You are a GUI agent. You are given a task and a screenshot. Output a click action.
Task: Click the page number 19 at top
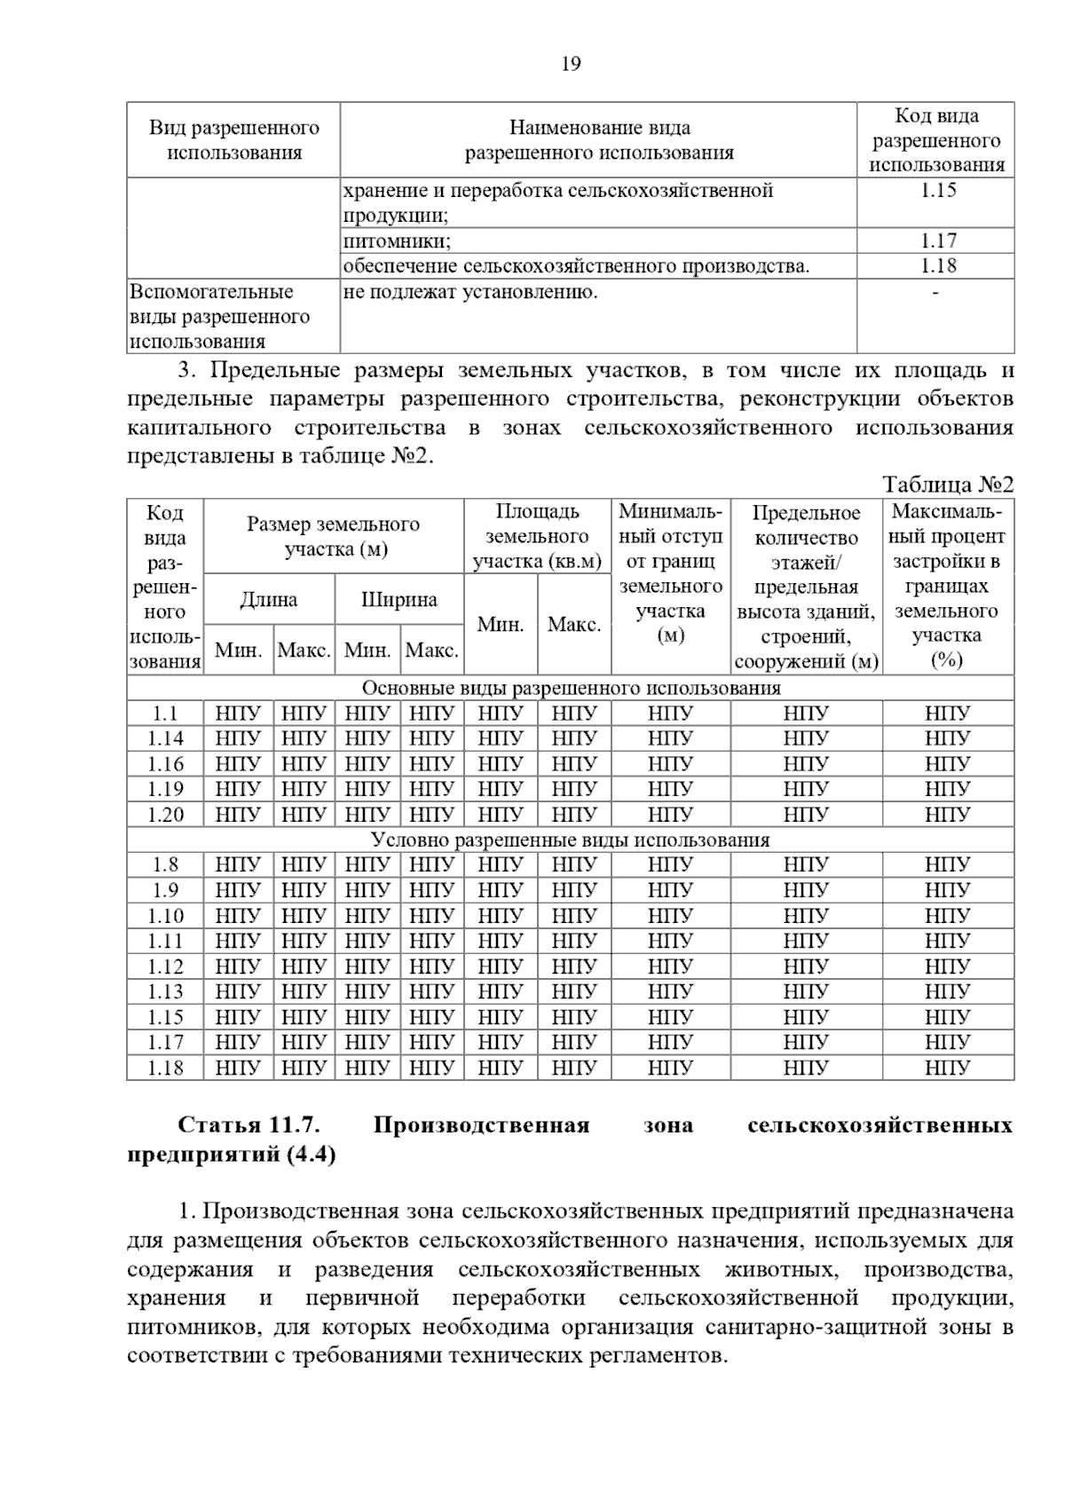point(571,64)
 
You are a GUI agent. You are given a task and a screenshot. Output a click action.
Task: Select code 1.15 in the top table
point(937,190)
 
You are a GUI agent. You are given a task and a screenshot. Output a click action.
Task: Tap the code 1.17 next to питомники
point(937,241)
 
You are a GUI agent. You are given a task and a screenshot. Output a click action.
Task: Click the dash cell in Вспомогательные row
point(936,292)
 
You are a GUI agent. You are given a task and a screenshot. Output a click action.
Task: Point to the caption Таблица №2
point(947,485)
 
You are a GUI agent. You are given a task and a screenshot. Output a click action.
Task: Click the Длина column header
point(269,600)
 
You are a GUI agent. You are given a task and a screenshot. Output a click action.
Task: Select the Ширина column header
point(399,600)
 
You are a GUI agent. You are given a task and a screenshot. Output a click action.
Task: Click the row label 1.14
point(165,738)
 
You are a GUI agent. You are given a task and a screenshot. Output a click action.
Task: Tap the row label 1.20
point(165,815)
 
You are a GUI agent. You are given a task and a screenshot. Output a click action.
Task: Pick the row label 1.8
point(165,865)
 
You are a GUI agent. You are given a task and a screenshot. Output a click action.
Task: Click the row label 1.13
point(165,992)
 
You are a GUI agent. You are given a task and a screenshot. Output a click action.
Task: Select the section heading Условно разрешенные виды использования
point(570,840)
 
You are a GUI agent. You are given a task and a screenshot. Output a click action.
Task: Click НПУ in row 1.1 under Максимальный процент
point(947,714)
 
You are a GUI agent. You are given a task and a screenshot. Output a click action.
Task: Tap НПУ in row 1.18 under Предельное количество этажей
point(806,1069)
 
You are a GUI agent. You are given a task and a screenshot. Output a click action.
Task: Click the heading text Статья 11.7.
point(248,1126)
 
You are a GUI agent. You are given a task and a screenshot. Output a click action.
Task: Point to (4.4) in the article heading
point(311,1156)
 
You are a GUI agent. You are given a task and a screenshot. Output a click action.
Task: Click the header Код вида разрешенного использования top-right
point(936,140)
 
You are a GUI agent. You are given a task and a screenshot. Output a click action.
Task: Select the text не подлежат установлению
point(469,292)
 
